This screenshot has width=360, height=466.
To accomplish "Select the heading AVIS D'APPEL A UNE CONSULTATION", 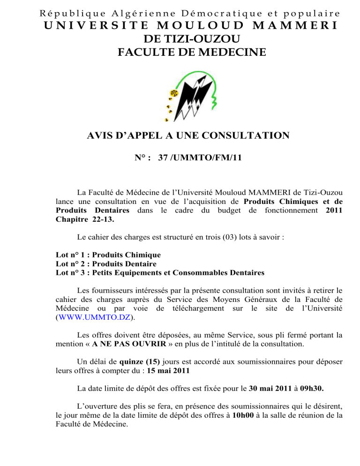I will (x=188, y=136).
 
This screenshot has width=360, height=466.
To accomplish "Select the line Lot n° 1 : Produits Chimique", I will (x=108, y=255).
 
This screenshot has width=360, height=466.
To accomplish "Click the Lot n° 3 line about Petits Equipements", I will (x=159, y=272).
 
